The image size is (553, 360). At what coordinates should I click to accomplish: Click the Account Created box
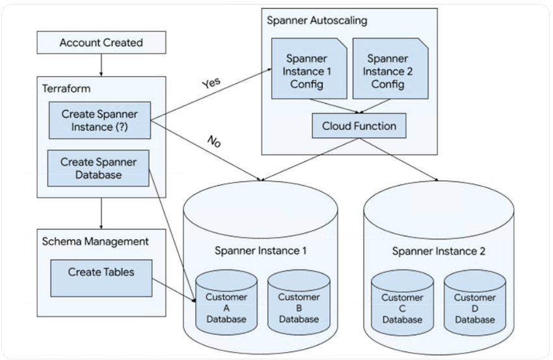101,43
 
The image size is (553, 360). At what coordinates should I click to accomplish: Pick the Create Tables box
101,272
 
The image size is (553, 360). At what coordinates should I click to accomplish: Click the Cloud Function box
359,126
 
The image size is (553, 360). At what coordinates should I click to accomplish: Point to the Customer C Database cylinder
402,306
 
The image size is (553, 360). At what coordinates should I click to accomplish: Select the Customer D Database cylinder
475,306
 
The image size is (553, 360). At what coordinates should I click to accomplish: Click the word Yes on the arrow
211,82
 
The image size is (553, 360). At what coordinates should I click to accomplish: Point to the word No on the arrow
213,141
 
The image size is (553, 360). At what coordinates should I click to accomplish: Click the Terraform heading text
66,88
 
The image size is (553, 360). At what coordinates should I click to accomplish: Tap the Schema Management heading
96,242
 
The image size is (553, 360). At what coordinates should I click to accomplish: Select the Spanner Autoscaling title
317,20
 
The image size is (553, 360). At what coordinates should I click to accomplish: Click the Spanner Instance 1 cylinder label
261,250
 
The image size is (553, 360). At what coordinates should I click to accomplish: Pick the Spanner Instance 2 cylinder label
438,251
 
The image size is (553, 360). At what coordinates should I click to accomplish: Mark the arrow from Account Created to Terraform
101,64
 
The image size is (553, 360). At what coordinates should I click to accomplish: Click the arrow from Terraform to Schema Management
101,212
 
